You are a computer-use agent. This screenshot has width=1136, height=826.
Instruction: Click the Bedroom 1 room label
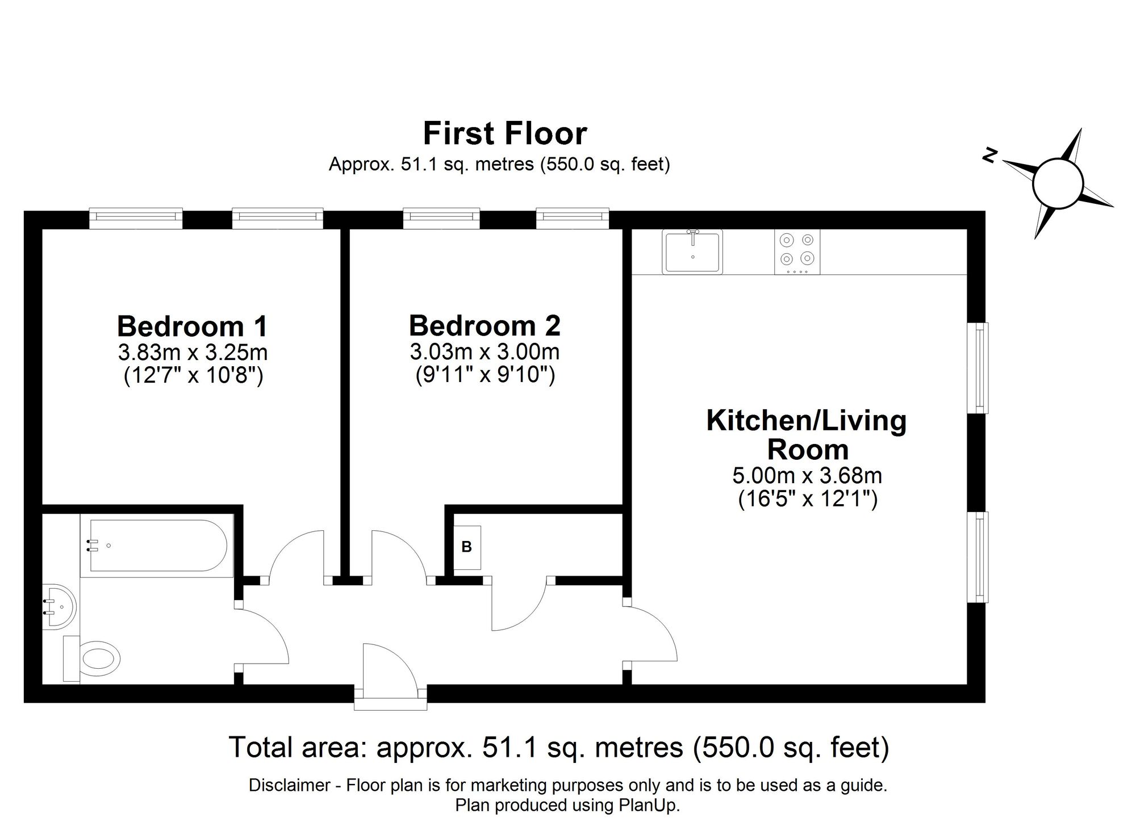pos(192,326)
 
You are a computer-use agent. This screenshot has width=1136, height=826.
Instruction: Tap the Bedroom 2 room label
pos(485,326)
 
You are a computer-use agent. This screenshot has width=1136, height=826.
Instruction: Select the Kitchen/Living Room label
pos(807,435)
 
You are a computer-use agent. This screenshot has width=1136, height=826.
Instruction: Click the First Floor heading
pos(504,134)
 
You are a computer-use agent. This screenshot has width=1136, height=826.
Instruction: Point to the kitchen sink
pos(692,251)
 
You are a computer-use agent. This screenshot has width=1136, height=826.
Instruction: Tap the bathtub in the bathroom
pos(158,546)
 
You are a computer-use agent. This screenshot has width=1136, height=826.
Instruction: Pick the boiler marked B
pos(467,547)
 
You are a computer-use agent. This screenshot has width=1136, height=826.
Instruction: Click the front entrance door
pos(390,670)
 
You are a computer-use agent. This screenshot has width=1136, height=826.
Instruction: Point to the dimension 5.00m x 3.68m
pos(807,475)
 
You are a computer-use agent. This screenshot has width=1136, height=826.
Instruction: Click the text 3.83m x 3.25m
pos(193,353)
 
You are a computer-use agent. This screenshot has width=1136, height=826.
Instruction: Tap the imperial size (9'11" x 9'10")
pos(485,375)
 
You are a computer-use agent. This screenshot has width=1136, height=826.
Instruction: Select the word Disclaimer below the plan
pos(289,786)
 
